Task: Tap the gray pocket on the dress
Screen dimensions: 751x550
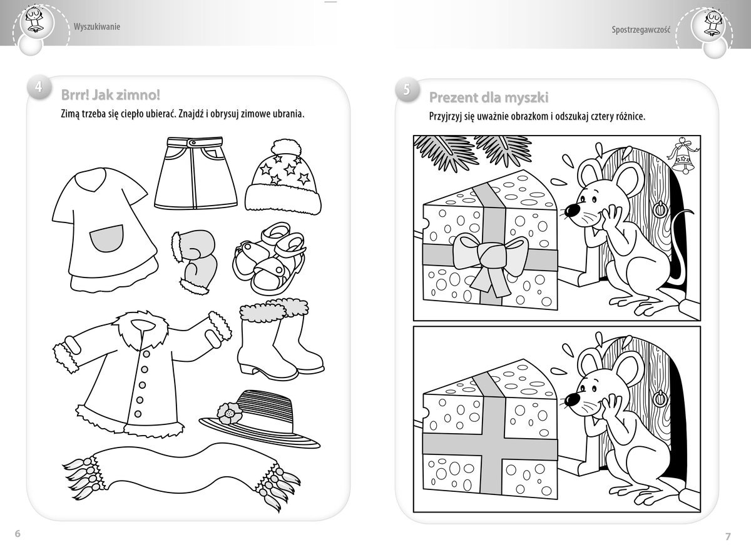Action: [x=107, y=238]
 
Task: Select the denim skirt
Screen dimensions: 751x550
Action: [x=196, y=173]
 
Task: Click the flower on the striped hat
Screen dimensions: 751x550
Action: [x=230, y=414]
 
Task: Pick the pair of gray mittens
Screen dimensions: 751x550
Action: [x=194, y=262]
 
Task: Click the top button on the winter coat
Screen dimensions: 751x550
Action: [x=146, y=354]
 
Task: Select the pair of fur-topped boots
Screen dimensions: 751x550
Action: [x=281, y=339]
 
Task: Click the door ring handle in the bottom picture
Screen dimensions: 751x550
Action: [x=660, y=397]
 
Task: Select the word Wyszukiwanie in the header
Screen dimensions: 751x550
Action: [x=97, y=27]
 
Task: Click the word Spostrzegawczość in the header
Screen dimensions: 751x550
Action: [x=641, y=29]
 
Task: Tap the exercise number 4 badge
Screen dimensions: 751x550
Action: [x=39, y=87]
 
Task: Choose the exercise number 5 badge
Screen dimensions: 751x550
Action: [x=407, y=90]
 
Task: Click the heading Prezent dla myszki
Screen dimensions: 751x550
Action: [x=489, y=97]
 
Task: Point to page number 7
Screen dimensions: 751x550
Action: [x=728, y=537]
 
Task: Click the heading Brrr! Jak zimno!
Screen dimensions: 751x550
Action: [x=111, y=95]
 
